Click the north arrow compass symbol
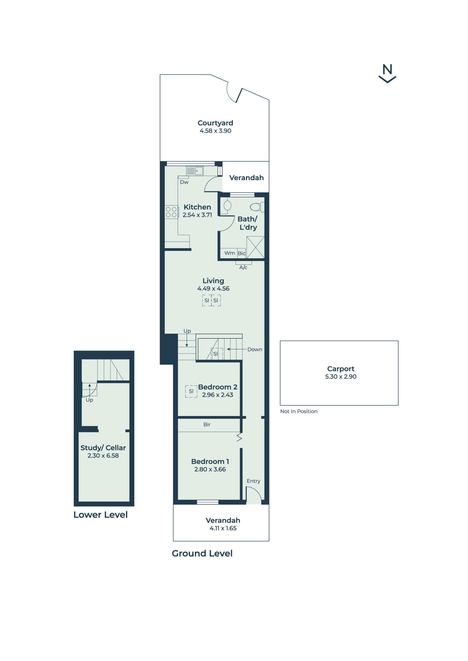[387, 74]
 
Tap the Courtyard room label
[215, 123]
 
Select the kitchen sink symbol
[195, 171]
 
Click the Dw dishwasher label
[184, 182]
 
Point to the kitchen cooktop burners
[171, 212]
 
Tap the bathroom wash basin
[227, 205]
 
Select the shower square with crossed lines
[255, 247]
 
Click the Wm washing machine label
[230, 253]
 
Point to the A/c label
[243, 268]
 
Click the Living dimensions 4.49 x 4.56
[213, 289]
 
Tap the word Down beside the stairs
[255, 350]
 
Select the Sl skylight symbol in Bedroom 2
[191, 391]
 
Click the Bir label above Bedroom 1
[207, 425]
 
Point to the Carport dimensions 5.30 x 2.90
[341, 377]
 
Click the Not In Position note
[299, 412]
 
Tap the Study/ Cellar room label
[103, 448]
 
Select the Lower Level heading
[100, 515]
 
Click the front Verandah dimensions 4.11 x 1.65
[223, 528]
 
